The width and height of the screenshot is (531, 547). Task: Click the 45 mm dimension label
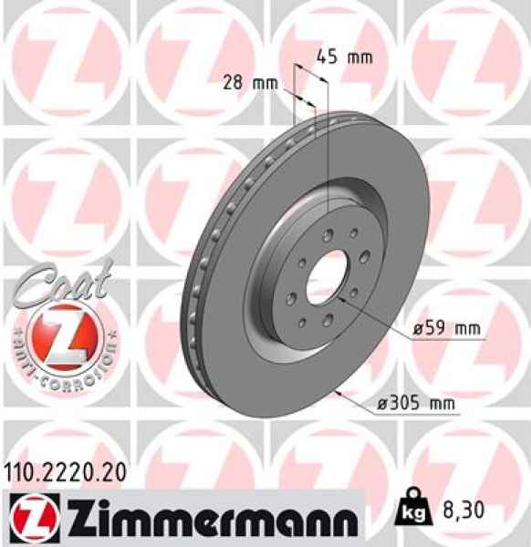coord(344,57)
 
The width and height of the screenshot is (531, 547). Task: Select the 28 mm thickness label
coord(251,84)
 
